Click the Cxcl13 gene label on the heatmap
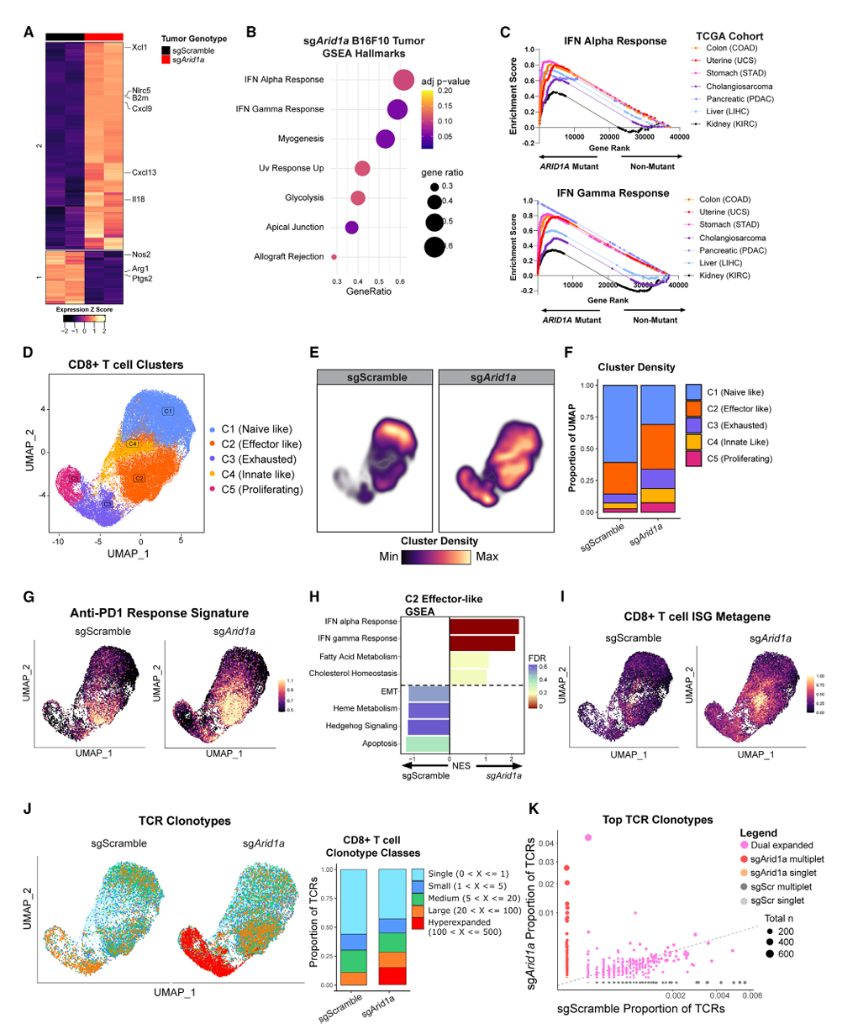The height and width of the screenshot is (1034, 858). tap(144, 173)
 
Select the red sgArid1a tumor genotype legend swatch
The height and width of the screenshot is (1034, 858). tap(166, 60)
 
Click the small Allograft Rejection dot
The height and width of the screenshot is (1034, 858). tap(334, 257)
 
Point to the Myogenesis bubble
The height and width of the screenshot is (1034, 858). tap(386, 139)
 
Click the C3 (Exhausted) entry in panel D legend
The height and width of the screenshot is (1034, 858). tap(258, 459)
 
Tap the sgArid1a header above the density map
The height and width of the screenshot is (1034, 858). tap(494, 377)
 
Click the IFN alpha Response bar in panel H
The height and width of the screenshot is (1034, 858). tap(484, 627)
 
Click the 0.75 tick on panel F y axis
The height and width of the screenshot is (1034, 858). tap(587, 417)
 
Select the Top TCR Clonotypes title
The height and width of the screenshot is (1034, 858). tap(657, 819)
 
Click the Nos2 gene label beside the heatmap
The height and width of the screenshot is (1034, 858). tap(140, 255)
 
